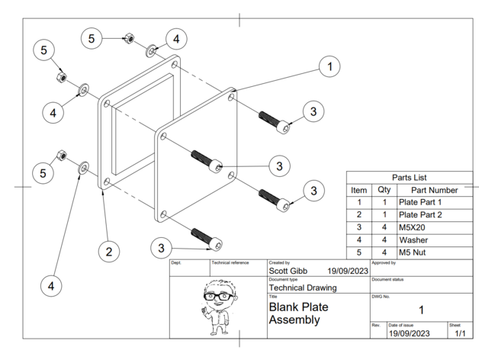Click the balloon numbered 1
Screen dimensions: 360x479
tap(329, 67)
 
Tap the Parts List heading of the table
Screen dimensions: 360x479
tap(410, 177)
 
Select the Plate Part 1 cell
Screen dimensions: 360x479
tap(420, 202)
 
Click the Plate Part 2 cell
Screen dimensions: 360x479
tap(420, 215)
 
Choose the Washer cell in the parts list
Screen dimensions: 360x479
tap(413, 239)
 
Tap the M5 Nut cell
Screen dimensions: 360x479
tap(414, 252)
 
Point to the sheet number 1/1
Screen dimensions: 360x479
tap(459, 334)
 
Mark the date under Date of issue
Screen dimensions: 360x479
tap(411, 334)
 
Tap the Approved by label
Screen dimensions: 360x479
tap(384, 262)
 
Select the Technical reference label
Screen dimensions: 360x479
tap(230, 262)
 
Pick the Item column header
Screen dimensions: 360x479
tap(358, 190)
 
